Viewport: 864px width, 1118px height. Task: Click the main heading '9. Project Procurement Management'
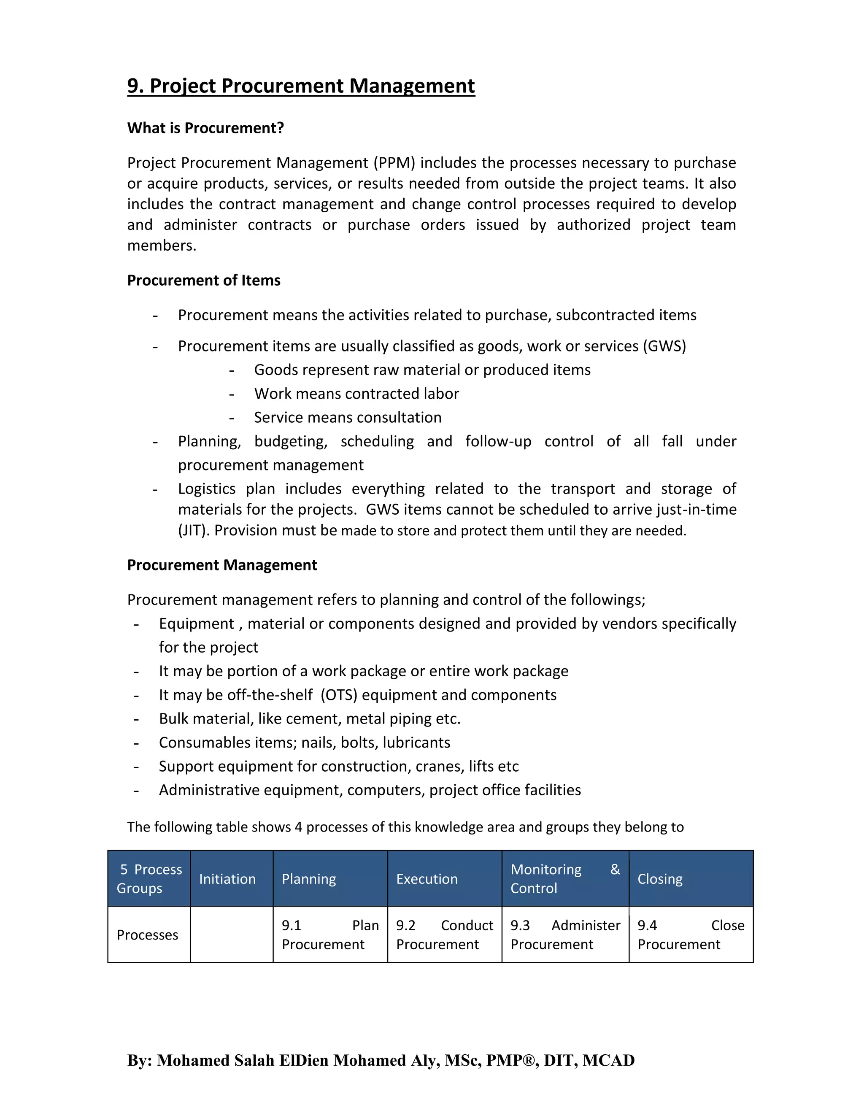click(x=301, y=86)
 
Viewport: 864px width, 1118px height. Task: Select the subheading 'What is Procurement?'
click(x=205, y=128)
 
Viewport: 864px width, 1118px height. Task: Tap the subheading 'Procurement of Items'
click(x=204, y=281)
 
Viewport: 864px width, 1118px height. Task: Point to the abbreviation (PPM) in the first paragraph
click(x=394, y=163)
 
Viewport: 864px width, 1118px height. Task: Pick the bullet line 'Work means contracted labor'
click(x=356, y=394)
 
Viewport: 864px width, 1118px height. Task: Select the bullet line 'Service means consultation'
click(x=348, y=418)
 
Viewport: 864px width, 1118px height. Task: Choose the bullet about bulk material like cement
click(x=310, y=719)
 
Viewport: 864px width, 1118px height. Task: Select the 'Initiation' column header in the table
click(x=227, y=879)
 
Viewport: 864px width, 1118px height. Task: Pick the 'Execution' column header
click(x=427, y=879)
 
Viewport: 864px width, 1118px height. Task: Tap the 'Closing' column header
click(x=660, y=879)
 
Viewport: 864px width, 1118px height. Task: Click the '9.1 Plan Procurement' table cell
click(x=330, y=935)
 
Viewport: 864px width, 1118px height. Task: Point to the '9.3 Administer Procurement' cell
click(x=565, y=935)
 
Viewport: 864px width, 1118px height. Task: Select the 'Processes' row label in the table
click(x=147, y=935)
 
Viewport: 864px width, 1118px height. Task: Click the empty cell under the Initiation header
click(x=231, y=935)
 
